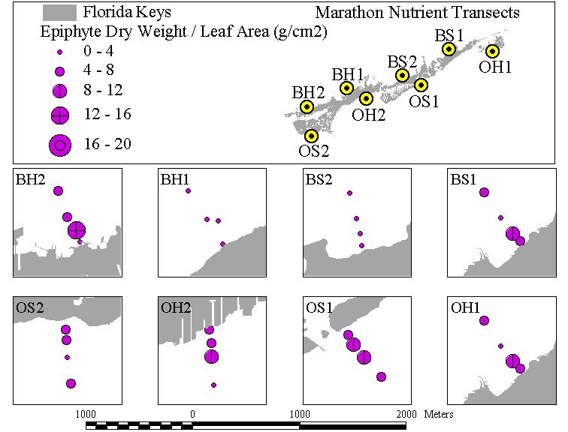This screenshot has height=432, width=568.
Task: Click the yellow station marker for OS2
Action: [x=311, y=136]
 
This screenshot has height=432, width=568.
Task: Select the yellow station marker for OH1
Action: [x=492, y=51]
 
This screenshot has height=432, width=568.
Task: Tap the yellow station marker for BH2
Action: [x=307, y=106]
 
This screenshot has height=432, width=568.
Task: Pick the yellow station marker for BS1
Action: [x=449, y=49]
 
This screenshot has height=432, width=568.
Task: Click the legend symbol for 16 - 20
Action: [x=60, y=145]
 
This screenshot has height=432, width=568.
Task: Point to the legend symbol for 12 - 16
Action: [x=60, y=115]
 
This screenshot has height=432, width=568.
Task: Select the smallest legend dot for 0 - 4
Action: [x=60, y=52]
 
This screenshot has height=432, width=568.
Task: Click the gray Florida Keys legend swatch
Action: [x=59, y=13]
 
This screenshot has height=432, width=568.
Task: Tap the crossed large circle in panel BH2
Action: [x=77, y=230]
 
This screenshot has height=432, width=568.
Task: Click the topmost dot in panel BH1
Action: [x=188, y=191]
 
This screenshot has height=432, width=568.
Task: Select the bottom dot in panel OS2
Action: [x=71, y=383]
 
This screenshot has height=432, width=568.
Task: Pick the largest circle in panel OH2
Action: [x=212, y=357]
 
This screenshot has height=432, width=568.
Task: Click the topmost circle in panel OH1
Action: [x=484, y=320]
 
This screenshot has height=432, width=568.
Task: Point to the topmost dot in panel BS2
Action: [x=349, y=193]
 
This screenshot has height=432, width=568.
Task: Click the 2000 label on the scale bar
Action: [x=406, y=414]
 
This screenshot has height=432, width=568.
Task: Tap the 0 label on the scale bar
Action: [x=192, y=414]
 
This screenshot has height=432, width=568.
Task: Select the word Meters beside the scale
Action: [x=439, y=414]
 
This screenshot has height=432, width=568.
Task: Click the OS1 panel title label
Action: [x=319, y=307]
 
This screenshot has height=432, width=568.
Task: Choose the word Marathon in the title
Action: [x=349, y=13]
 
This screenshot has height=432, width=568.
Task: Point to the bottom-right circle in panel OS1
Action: [x=381, y=376]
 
